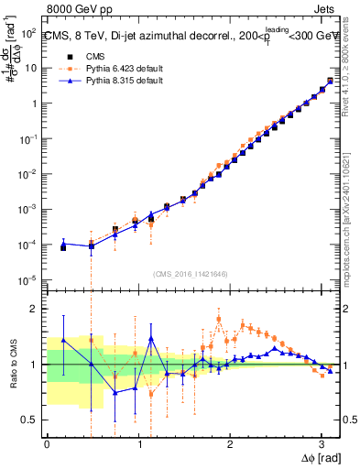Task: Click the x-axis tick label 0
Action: (x=47, y=445)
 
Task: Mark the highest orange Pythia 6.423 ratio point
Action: (x=219, y=319)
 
